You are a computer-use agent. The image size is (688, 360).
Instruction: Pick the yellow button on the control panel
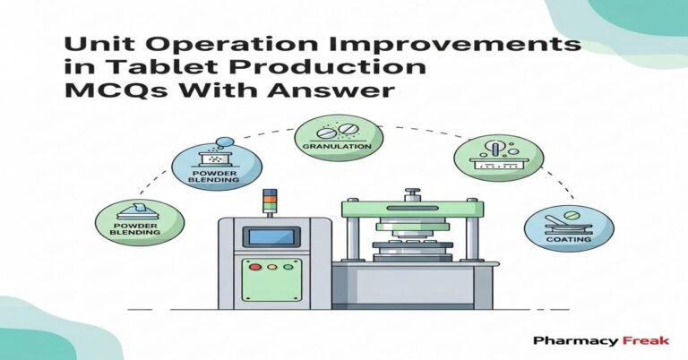point(271,267)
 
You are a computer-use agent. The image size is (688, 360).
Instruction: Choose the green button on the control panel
point(285,267)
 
